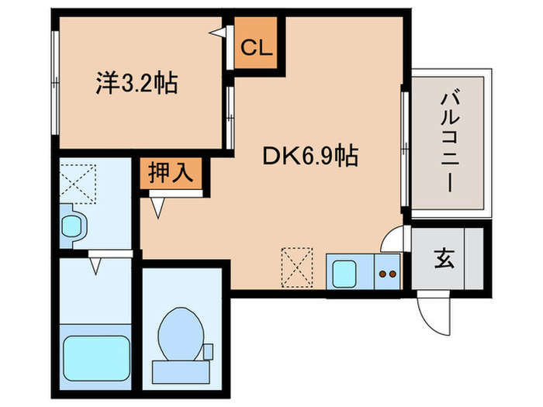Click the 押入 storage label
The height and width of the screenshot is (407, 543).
(x=171, y=172)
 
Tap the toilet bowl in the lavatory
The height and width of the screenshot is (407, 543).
(x=180, y=335)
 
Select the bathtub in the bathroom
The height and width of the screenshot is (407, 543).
(x=95, y=356)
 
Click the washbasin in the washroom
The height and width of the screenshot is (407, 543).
(x=73, y=226)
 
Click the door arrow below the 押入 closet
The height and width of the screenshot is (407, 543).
(x=158, y=205)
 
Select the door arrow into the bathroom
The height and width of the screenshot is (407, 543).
(x=95, y=264)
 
